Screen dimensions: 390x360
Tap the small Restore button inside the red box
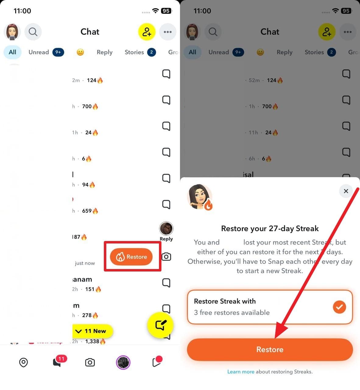tap(131, 257)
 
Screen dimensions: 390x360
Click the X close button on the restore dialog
tap(346, 191)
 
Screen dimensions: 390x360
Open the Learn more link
tap(241, 372)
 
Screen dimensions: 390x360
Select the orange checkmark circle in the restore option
tap(339, 307)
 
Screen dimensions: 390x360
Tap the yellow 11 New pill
tap(93, 331)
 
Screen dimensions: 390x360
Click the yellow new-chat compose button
tap(160, 325)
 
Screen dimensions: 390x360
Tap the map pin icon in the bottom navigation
tap(23, 363)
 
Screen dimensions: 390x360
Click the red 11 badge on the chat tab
tap(61, 359)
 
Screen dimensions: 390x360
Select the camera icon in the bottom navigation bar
tap(90, 363)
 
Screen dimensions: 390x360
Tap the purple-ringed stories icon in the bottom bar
tap(123, 363)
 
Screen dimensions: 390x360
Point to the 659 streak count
tap(87, 211)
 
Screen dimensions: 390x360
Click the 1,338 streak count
tap(92, 342)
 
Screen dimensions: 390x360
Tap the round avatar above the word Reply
tap(166, 229)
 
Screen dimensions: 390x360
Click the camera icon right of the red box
tap(166, 257)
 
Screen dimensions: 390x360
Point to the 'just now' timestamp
tap(85, 263)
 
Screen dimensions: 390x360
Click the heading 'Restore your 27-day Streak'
tap(270, 229)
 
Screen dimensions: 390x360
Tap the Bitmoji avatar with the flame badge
tap(200, 197)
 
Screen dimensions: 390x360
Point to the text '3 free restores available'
tap(232, 313)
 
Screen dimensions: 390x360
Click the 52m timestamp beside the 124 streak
tap(254, 80)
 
